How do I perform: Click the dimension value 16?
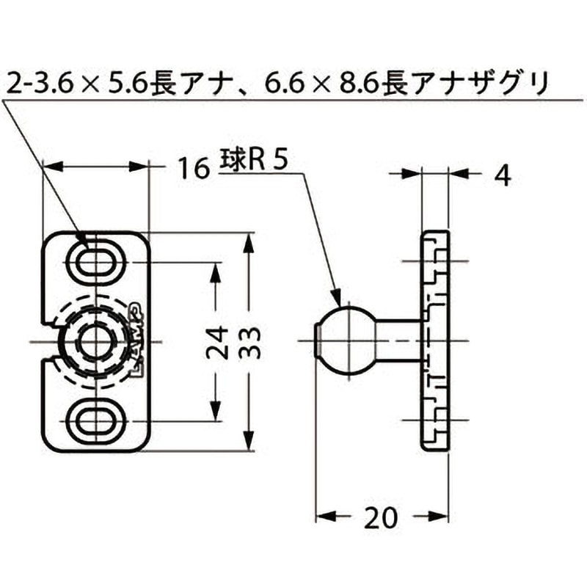pos(192,170)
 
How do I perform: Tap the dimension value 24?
pos(215,342)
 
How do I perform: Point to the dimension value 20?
pos(380,517)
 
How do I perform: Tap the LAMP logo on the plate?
pos(139,341)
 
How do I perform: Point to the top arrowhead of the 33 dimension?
pos(249,244)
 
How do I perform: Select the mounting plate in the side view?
pos(434,341)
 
